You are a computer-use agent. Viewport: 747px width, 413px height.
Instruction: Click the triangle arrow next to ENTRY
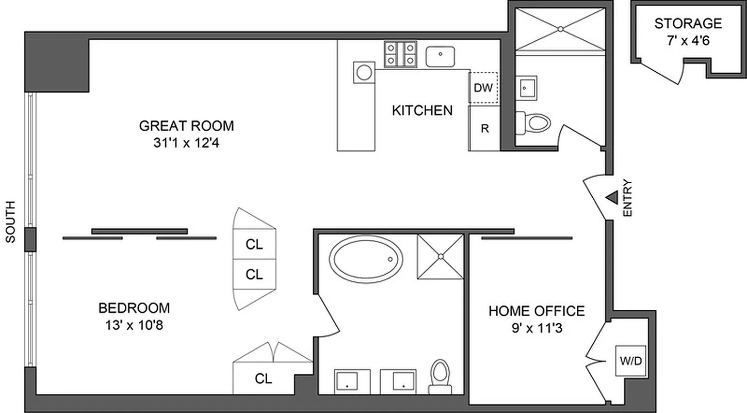(x=612, y=197)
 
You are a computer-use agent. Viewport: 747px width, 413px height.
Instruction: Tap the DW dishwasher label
(x=483, y=88)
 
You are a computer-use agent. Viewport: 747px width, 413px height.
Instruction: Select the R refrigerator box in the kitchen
(x=484, y=129)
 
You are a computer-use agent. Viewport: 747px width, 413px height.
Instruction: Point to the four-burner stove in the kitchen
(x=400, y=54)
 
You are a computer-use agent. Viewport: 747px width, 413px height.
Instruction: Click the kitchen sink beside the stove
(x=440, y=56)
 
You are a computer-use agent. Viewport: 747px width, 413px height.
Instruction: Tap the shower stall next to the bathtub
(x=440, y=257)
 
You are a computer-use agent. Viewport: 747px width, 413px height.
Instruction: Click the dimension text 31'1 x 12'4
(x=186, y=141)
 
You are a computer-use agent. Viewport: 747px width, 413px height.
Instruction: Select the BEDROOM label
(x=134, y=308)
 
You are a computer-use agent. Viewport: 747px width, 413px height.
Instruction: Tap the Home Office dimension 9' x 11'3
(x=537, y=327)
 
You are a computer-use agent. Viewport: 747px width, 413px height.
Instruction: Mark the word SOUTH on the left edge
(x=10, y=221)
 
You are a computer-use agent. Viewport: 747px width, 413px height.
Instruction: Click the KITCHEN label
(x=422, y=110)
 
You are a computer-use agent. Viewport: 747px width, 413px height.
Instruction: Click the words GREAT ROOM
(x=186, y=125)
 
